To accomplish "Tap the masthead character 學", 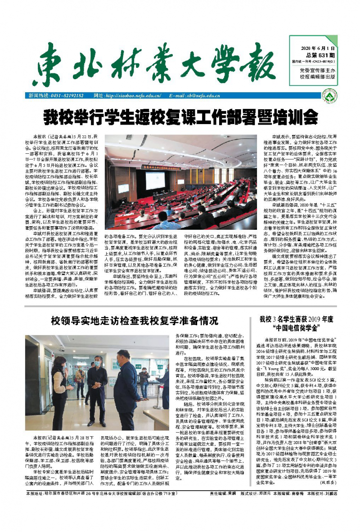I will pyautogui.click(x=225, y=63).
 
